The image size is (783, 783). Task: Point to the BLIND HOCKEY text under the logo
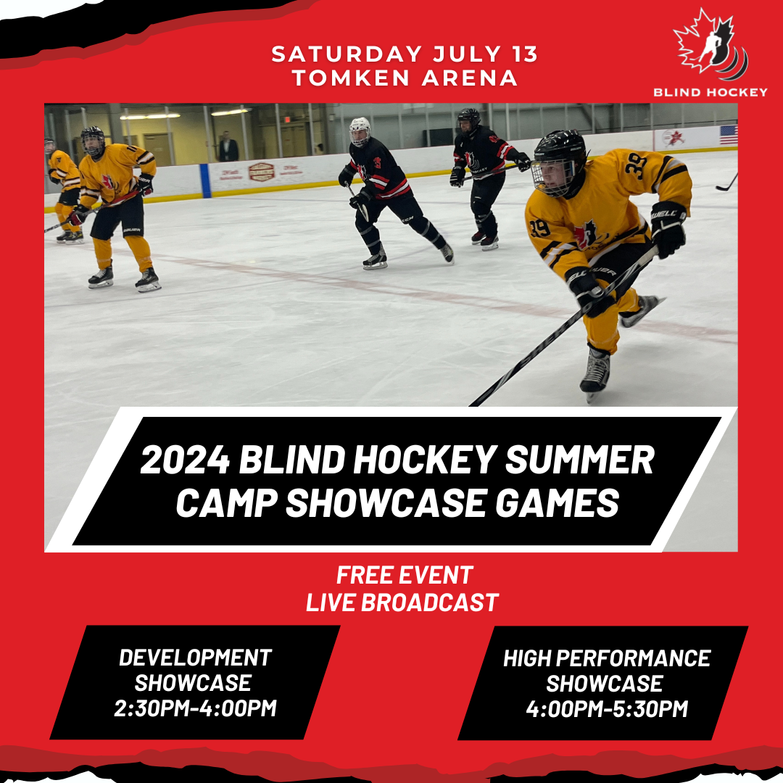click(x=710, y=92)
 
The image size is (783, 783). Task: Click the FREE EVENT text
click(x=404, y=576)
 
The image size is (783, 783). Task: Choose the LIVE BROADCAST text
click(x=402, y=602)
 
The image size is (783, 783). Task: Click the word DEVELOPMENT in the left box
click(x=195, y=658)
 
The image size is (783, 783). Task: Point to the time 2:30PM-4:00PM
click(x=195, y=708)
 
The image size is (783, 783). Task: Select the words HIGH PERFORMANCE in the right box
click(x=606, y=658)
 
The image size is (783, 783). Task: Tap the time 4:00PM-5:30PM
click(x=606, y=708)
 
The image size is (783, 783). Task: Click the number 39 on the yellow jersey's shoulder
click(x=637, y=167)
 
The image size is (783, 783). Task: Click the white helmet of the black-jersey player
click(x=360, y=128)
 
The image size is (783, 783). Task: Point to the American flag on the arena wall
click(x=728, y=135)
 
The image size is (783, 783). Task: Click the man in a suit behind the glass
click(x=229, y=147)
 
